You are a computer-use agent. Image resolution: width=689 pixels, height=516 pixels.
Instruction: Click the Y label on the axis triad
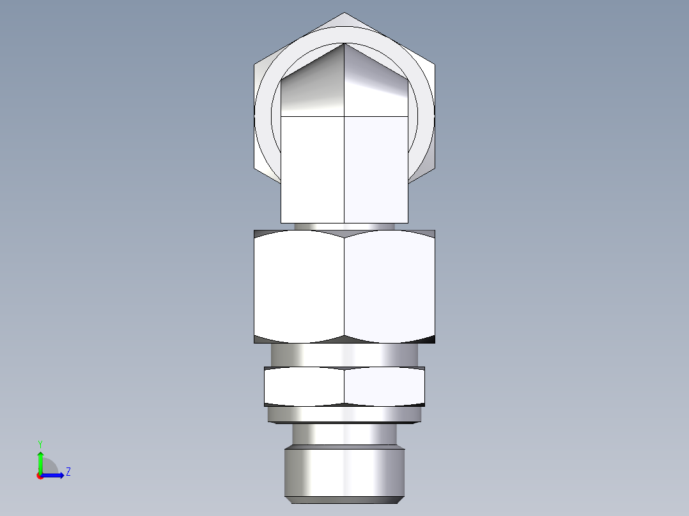[x=40, y=443]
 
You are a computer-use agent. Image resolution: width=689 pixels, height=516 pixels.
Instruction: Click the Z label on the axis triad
[x=68, y=472]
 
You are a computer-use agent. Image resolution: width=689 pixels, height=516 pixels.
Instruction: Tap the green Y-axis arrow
[x=40, y=460]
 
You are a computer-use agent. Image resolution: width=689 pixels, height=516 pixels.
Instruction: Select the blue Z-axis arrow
[x=54, y=474]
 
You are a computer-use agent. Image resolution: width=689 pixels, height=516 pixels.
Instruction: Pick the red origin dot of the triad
[x=40, y=476]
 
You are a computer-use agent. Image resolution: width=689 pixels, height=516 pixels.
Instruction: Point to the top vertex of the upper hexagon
[x=344, y=13]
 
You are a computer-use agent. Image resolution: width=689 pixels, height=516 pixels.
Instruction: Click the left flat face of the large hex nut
[x=299, y=286]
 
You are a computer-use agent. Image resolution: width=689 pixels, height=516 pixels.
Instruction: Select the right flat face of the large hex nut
[x=390, y=286]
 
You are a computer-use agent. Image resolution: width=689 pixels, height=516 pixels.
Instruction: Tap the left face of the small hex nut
[x=304, y=386]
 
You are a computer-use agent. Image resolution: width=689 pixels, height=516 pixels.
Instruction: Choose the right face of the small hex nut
[x=385, y=386]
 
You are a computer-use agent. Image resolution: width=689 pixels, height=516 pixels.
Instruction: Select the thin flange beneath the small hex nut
[x=344, y=415]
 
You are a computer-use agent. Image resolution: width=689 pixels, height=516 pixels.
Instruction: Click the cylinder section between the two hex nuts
[x=344, y=354]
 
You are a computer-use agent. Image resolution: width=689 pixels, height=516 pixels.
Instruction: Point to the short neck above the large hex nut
[x=344, y=226]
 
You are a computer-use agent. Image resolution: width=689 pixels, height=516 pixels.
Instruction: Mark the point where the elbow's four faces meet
[x=344, y=117]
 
